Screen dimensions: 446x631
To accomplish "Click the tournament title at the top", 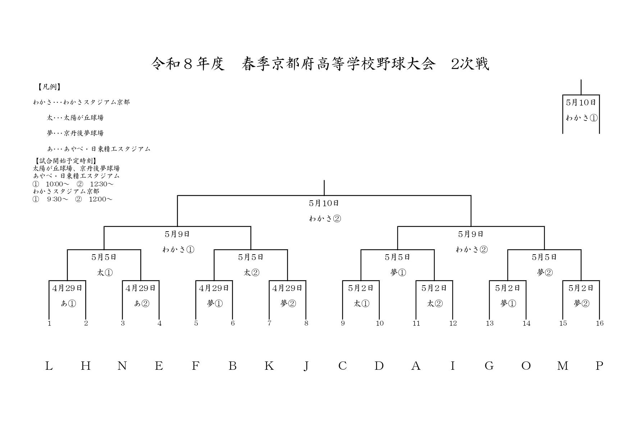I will point(320,64).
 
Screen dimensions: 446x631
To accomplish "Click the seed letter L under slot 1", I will point(49,366).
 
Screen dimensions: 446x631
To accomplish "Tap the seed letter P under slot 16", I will point(599,366).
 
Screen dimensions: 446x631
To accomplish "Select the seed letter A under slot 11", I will point(416,366).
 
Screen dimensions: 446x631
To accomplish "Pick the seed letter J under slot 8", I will point(306,366).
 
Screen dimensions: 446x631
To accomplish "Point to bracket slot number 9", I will point(343,323).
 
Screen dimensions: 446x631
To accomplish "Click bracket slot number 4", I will point(159,323).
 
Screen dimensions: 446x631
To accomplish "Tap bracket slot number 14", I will point(526,323).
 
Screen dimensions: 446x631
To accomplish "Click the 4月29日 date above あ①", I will point(67,288).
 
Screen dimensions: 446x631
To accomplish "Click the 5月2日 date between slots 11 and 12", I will point(434,288).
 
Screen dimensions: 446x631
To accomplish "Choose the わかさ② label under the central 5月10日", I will point(325,219).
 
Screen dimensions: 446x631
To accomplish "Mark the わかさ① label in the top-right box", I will point(581,118).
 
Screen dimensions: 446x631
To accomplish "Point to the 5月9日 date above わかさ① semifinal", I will point(177,234).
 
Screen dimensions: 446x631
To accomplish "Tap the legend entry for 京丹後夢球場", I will point(75,133).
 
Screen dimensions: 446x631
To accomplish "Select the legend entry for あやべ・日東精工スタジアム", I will point(99,149).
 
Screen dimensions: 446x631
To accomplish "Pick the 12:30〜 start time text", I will point(101,184).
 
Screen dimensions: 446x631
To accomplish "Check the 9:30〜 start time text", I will point(57,199).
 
